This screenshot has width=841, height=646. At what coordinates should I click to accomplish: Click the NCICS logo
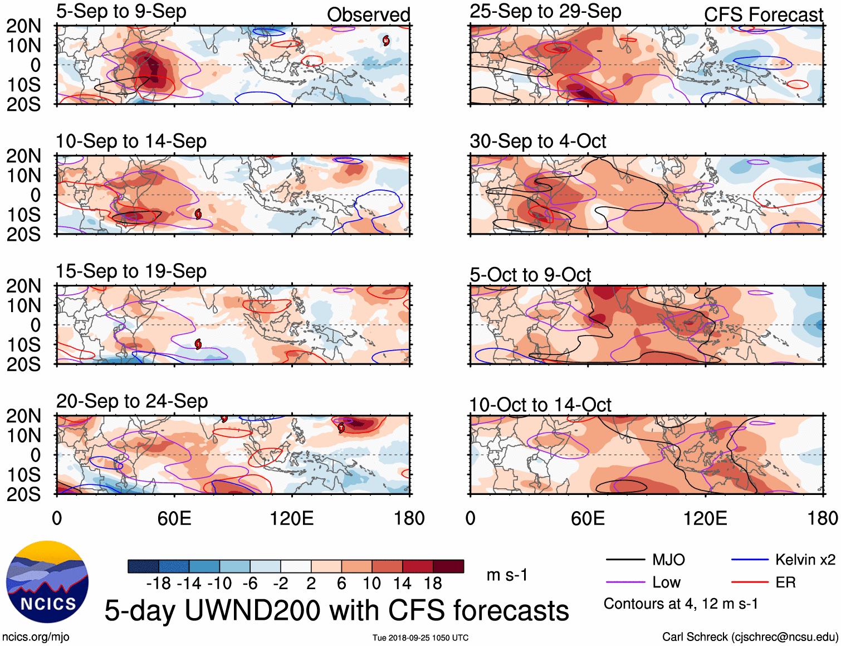coord(47,582)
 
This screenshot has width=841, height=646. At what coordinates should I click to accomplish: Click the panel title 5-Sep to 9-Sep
coord(121,11)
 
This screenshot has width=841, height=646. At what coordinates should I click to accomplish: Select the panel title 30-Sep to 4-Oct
coord(537,141)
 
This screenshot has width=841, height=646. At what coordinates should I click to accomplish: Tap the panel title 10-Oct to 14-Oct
coord(540,405)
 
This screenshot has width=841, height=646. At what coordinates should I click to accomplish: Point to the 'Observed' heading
coord(368,14)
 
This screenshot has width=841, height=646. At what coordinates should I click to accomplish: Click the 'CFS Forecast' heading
coord(763,14)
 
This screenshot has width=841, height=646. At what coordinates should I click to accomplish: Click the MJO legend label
coord(668,560)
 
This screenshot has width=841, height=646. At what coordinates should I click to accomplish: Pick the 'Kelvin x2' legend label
coord(805,560)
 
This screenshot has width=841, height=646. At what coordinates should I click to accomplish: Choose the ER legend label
coord(785,582)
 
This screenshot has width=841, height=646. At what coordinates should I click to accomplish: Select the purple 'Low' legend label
coord(666,582)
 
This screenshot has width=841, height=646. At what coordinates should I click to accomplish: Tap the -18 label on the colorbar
coord(158,584)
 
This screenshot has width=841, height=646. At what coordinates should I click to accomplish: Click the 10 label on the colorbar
coord(371,584)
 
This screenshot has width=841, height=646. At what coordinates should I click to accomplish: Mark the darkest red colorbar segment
coord(448,566)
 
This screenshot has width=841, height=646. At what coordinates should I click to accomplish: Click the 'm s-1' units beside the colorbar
coord(507,575)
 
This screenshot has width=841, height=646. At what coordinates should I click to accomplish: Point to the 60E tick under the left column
coord(174,518)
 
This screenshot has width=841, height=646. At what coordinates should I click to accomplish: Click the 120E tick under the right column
coord(705,518)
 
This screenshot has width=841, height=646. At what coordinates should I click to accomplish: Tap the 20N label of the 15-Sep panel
coord(23,286)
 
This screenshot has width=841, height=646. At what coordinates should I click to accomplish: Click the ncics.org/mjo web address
coord(36,637)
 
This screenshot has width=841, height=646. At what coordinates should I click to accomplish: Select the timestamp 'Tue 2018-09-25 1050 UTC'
coord(420,638)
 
